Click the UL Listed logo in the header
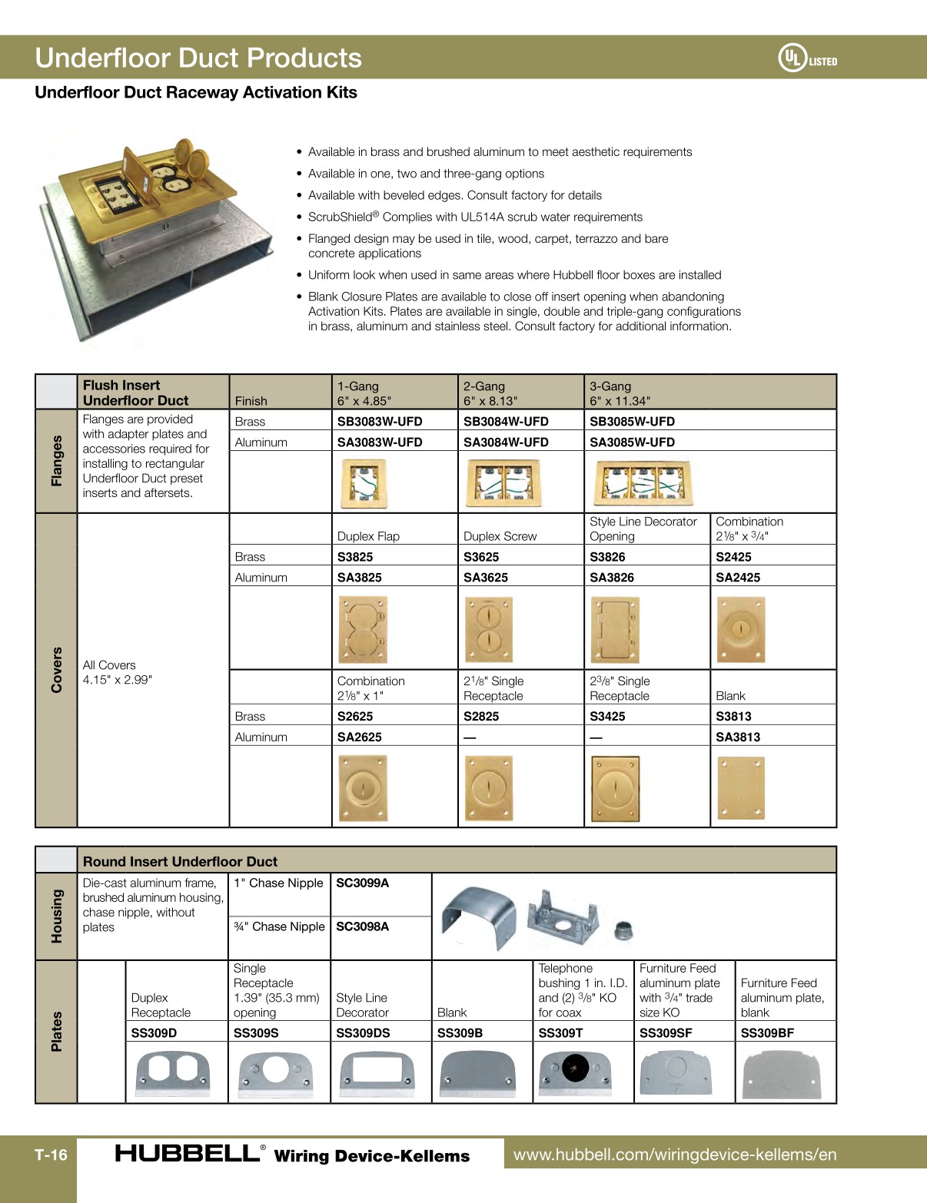pos(807,58)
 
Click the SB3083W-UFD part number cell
pos(380,421)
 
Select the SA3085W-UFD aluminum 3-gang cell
pos(632,442)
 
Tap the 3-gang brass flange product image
pos(643,482)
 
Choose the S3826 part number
pos(607,556)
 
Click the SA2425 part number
pos(737,577)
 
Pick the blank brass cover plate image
pos(741,788)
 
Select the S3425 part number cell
pos(607,716)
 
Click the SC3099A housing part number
pos(362,883)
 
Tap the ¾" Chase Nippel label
pos(279,926)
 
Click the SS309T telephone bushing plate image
pos(575,1072)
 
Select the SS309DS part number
pos(362,1032)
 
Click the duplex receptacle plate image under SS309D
pos(173,1072)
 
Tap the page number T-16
pos(51,1155)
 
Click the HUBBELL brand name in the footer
pos(187,1153)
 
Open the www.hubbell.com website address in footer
pos(674,1154)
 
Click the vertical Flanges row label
pos(56,460)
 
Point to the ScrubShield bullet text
pos(474,217)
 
